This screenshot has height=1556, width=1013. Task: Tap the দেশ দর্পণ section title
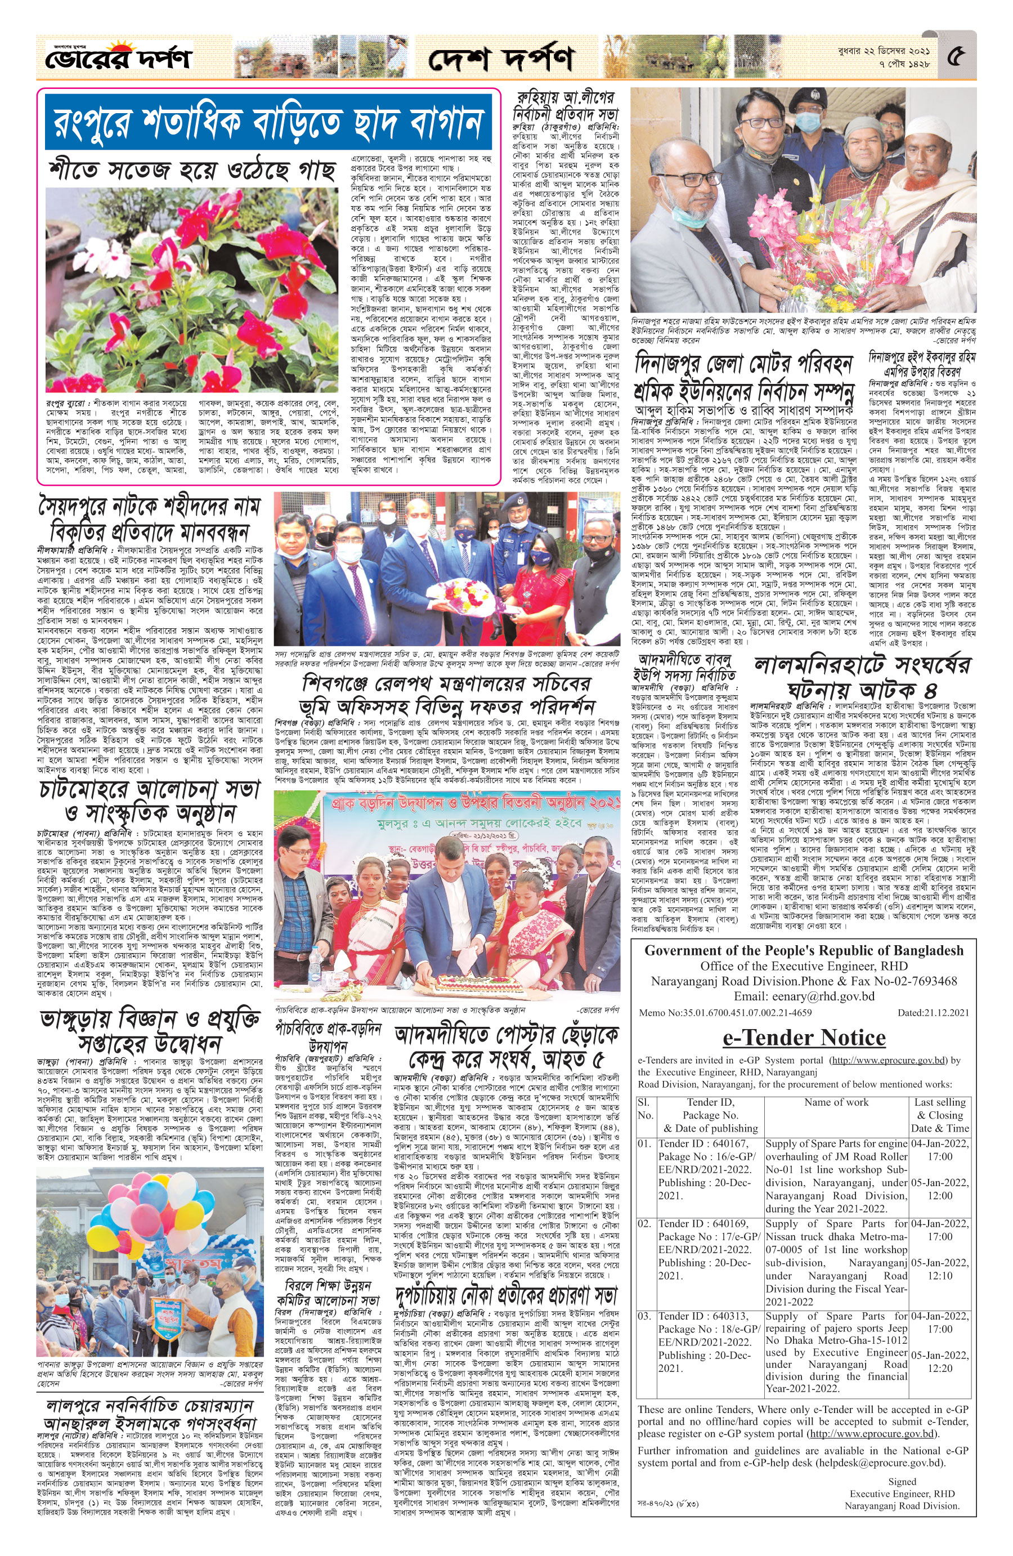(501, 60)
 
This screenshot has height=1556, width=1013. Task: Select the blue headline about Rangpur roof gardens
(268, 122)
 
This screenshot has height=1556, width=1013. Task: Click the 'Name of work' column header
(836, 1102)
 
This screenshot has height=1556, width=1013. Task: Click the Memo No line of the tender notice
(725, 1013)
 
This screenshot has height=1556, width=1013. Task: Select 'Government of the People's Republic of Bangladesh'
(804, 951)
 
